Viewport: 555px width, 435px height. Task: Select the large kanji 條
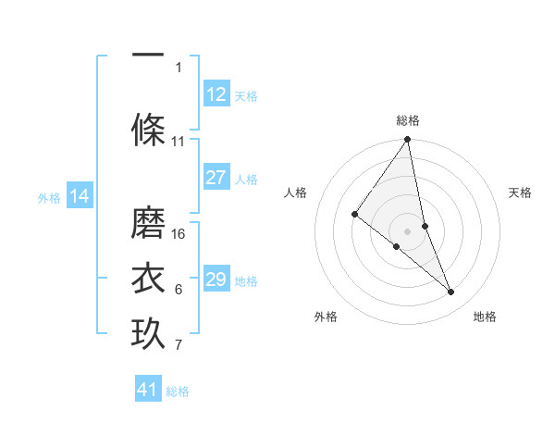point(148,129)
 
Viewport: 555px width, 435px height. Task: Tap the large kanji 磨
point(148,222)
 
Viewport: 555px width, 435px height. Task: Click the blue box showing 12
point(216,94)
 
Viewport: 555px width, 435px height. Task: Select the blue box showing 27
point(216,179)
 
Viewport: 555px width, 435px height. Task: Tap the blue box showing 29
point(216,280)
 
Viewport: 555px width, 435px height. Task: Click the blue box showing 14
point(80,196)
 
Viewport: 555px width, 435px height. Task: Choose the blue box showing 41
point(148,390)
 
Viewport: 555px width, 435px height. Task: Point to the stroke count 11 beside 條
point(179,142)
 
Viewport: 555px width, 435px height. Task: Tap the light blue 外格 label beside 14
point(49,197)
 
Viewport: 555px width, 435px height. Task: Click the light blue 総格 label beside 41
point(178,391)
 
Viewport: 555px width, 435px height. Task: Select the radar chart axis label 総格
point(408,120)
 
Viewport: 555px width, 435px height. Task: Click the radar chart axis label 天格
point(521,193)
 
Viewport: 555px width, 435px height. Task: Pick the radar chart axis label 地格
point(485,317)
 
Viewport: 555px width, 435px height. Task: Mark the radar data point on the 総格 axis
point(408,140)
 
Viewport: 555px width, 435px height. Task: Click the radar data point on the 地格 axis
point(451,292)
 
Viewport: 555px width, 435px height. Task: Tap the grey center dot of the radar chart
point(408,230)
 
